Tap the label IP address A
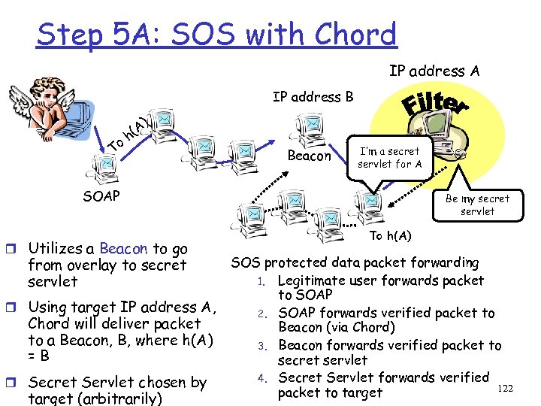434,71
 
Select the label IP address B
313,97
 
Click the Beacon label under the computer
310,156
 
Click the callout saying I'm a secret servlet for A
389,157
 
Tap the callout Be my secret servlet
477,205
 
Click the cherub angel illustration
43,106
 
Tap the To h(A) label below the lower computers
390,236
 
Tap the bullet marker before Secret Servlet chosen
16,382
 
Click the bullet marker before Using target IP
16,307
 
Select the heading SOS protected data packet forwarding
355,262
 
